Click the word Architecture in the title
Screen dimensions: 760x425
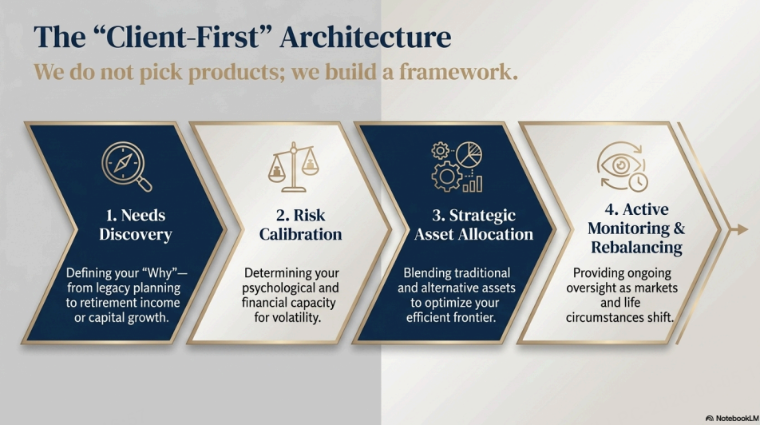tap(366, 38)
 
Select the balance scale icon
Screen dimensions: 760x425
tap(293, 167)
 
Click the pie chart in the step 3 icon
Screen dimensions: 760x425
tap(469, 155)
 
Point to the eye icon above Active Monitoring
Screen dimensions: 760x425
tap(620, 165)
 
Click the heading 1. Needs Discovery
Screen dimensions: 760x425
tap(135, 224)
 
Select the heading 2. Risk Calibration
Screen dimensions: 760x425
tap(300, 224)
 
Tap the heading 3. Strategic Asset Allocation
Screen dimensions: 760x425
tap(473, 224)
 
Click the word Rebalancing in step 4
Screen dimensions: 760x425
tap(636, 247)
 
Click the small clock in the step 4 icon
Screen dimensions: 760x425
tap(639, 182)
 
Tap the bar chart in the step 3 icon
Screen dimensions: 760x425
tap(473, 184)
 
